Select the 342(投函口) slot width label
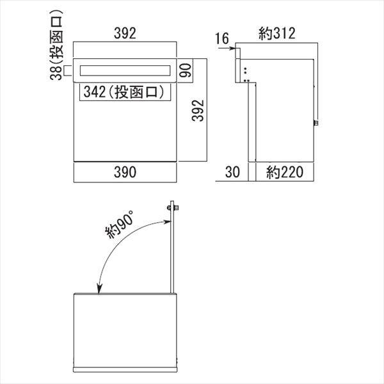click(x=124, y=92)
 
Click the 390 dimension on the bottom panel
click(x=125, y=172)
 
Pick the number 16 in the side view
click(x=221, y=39)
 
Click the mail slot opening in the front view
click(x=125, y=72)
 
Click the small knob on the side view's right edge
click(x=316, y=122)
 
